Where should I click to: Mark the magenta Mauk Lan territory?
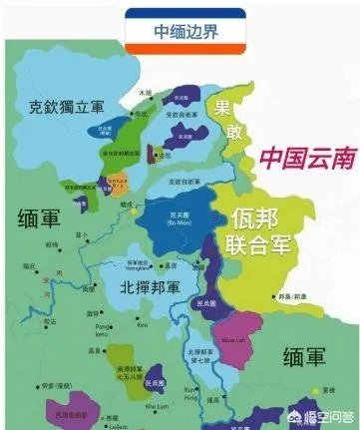click(x=241, y=334)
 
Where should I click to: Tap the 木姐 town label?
click(x=145, y=93)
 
